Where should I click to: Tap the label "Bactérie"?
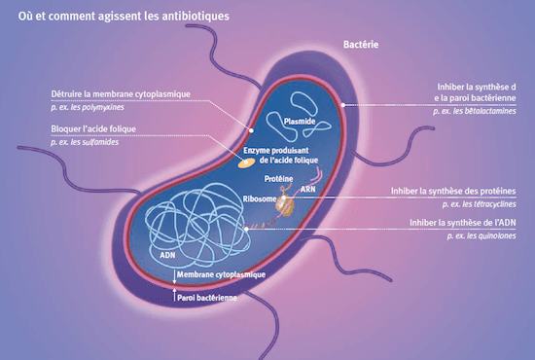tap(361, 45)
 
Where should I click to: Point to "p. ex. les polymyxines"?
tap(95, 107)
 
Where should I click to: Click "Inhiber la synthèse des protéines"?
tap(452, 191)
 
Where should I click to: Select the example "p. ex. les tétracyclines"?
tap(478, 204)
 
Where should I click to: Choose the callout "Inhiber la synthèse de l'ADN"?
tap(462, 223)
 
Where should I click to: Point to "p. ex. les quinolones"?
tap(481, 236)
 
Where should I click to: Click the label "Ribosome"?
tap(259, 198)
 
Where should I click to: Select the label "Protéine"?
tap(280, 180)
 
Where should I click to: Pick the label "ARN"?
tap(307, 190)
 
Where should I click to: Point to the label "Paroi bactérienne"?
tap(208, 298)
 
